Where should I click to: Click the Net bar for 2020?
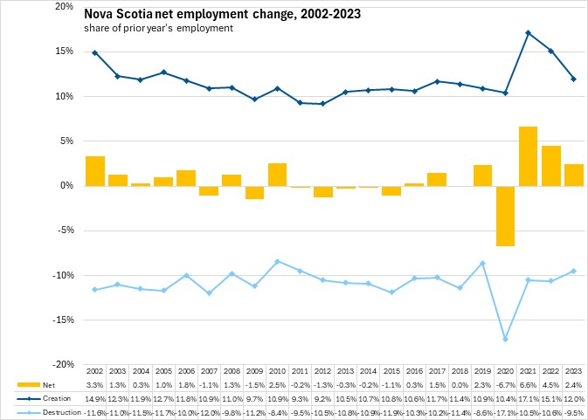(x=505, y=216)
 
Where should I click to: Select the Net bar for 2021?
(x=528, y=156)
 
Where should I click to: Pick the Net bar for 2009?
(x=254, y=192)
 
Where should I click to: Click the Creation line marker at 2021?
(x=529, y=33)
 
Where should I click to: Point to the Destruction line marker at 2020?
(x=506, y=339)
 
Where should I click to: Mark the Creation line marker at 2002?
(x=95, y=52)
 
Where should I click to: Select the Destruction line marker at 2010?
(x=277, y=261)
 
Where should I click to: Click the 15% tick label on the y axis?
(x=65, y=51)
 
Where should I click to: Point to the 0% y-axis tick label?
(x=68, y=185)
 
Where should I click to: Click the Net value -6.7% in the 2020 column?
(x=505, y=384)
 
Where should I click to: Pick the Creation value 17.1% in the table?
(x=528, y=397)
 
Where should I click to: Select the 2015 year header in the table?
(x=391, y=371)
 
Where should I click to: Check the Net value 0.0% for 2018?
(x=460, y=384)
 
